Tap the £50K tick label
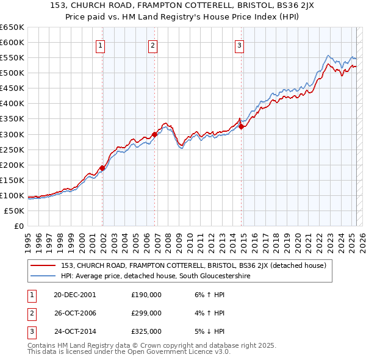tap(15, 211)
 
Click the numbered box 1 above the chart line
tap(99, 45)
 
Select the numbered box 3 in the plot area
tap(239, 45)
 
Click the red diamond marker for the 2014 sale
tap(242, 126)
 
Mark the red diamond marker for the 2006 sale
tap(155, 134)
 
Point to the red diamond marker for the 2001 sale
tap(102, 168)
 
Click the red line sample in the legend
tap(43, 265)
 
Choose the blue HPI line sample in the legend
tap(43, 276)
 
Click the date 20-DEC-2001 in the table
tap(75, 295)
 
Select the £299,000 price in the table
tap(146, 313)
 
